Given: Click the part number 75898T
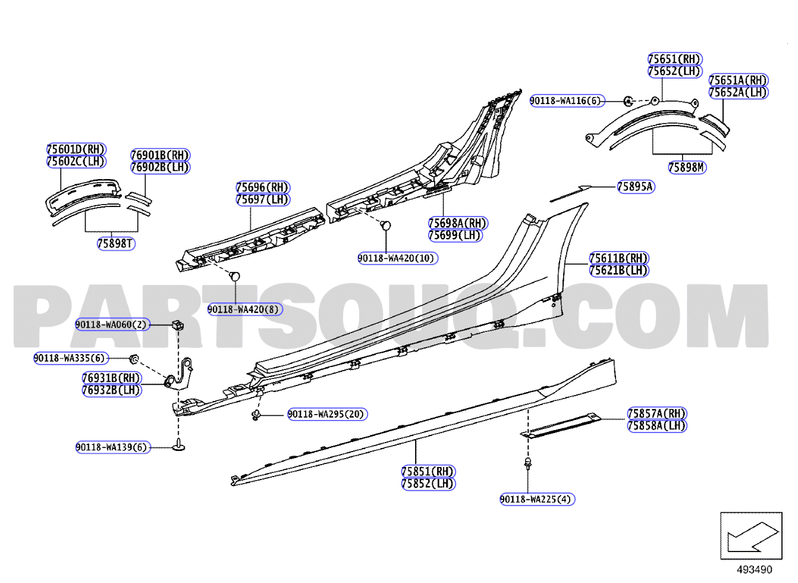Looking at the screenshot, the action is [117, 244].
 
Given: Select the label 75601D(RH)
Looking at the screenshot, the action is [77, 149].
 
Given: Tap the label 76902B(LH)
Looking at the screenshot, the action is [161, 167].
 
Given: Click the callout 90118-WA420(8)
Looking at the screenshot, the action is [245, 309].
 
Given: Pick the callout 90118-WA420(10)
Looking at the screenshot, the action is [398, 258].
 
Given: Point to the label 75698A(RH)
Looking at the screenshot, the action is [458, 224].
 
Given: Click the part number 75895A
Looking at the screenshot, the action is [636, 187].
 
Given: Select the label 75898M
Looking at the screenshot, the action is [687, 167].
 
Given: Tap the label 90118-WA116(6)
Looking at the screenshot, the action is [567, 101].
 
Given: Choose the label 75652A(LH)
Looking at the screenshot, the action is [739, 92].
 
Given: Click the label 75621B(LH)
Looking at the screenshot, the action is [619, 271].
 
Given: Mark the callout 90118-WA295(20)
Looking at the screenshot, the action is [328, 414].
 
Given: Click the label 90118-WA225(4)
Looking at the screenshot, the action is [538, 499].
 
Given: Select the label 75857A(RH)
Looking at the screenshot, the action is [657, 413].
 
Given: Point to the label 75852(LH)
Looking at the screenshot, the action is [429, 484].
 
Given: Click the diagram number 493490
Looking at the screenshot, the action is [755, 570].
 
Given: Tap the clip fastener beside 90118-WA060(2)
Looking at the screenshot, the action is [178, 325].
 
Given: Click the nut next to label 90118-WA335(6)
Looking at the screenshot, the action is [134, 359].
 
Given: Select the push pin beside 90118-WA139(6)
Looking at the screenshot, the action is [179, 446].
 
